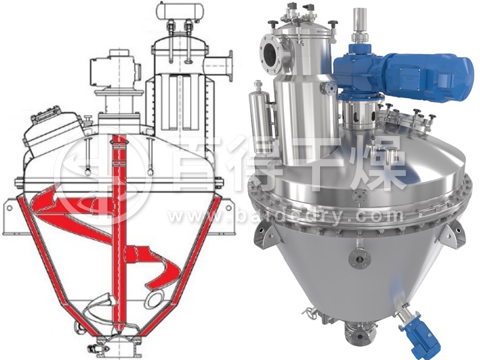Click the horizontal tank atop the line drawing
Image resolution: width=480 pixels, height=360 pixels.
pyautogui.click(x=178, y=11)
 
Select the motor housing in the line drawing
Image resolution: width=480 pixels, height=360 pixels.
pyautogui.click(x=113, y=71)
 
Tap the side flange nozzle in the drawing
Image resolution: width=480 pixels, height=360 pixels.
pyautogui.click(x=221, y=65)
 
